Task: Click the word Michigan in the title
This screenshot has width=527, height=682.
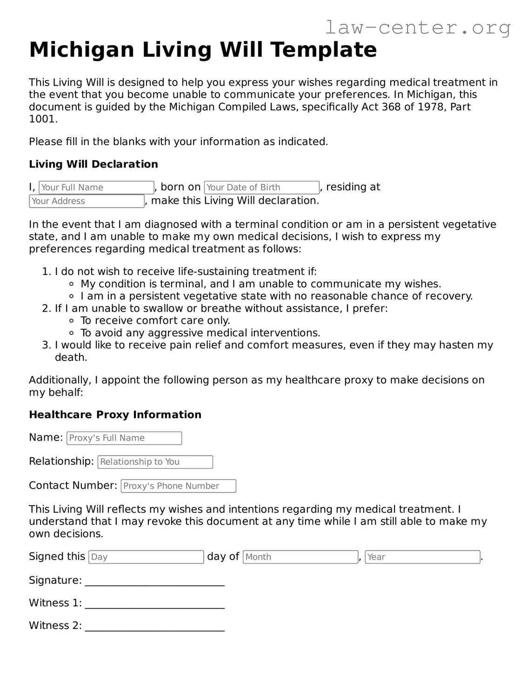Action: click(81, 50)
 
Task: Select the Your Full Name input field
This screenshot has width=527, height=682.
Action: click(96, 187)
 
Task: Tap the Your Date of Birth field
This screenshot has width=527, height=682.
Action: click(261, 187)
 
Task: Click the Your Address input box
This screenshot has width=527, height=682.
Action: click(87, 201)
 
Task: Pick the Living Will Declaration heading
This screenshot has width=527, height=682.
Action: click(93, 164)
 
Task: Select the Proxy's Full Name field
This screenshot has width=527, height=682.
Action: click(124, 438)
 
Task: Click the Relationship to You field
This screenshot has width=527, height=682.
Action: click(155, 462)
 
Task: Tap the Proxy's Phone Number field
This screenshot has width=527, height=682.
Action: click(178, 486)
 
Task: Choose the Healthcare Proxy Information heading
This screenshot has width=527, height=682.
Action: click(115, 415)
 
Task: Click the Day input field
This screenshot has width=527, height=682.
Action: click(146, 557)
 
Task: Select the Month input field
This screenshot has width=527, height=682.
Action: click(300, 557)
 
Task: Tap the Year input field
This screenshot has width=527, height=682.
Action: click(422, 557)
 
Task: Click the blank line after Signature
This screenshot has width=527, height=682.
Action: click(155, 582)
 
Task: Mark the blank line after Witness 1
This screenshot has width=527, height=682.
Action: click(155, 604)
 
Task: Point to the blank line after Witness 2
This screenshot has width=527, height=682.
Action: click(155, 627)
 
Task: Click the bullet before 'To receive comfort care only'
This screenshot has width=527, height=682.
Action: click(71, 321)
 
